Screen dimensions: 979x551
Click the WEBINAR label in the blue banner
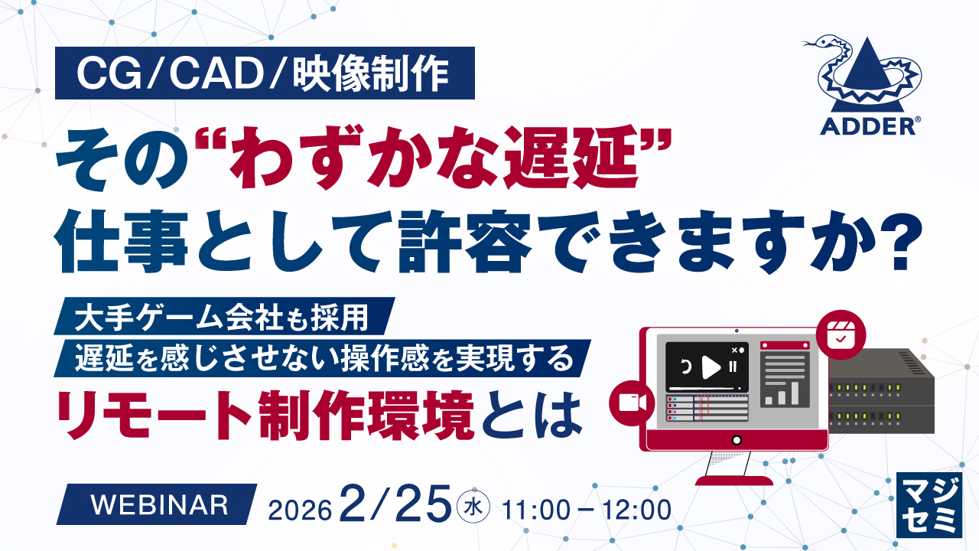point(160,505)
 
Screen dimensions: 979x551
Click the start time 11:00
point(536,510)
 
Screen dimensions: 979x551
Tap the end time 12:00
point(637,510)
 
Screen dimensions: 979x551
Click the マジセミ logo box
point(929,504)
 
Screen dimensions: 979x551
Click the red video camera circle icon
point(632,403)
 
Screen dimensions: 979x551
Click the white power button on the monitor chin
point(737,440)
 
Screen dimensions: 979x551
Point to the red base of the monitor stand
point(733,480)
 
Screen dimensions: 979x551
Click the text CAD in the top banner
point(216,73)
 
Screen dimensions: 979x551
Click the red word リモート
point(154,416)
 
